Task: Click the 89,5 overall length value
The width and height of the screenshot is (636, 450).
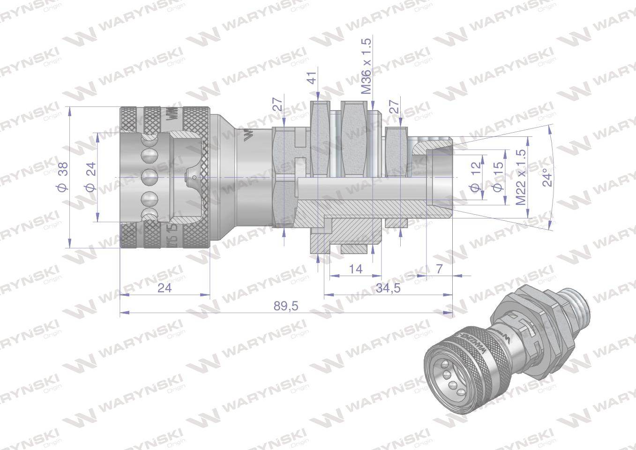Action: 286,306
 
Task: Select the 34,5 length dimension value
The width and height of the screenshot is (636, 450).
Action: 388,288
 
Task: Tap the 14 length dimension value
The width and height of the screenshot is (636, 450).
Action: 356,269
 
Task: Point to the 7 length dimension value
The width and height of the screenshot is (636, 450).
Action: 439,269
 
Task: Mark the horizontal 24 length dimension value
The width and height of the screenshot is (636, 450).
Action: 165,288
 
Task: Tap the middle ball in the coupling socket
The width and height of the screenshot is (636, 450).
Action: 150,178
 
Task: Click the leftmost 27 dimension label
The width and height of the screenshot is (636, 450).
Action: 279,106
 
